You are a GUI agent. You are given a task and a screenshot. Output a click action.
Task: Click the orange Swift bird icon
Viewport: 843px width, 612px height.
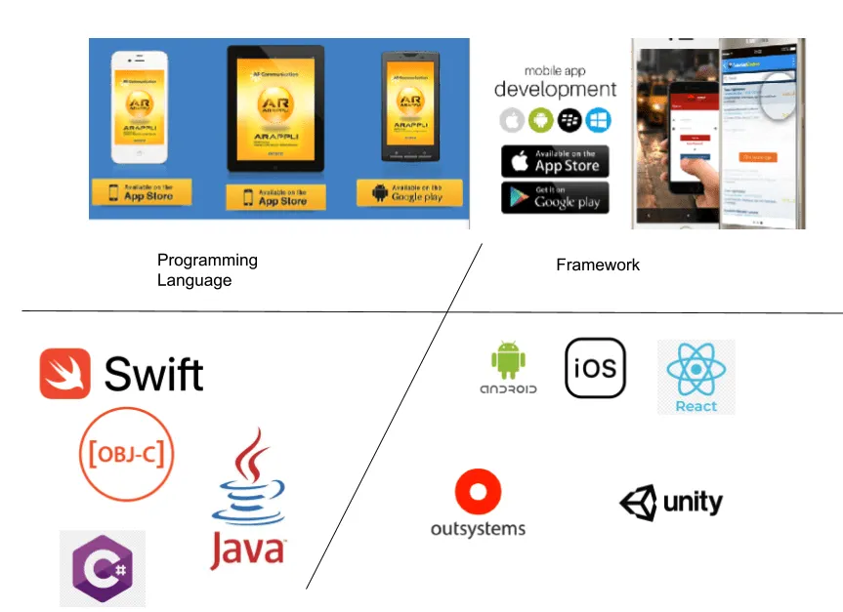pos(65,374)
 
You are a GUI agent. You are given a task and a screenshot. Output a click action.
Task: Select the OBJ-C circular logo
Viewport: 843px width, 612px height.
pos(126,454)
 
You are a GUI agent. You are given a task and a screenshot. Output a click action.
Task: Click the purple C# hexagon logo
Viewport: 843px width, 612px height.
pos(103,568)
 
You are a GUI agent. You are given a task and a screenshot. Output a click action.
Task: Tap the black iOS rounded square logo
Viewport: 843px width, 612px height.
pos(595,368)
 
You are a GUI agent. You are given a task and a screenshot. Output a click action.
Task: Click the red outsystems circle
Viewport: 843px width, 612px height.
pos(478,493)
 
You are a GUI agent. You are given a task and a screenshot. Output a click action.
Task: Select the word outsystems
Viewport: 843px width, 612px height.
pos(478,529)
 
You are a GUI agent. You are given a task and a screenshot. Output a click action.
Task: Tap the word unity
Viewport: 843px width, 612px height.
pos(693,503)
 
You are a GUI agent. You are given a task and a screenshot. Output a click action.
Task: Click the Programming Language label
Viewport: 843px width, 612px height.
pos(207,270)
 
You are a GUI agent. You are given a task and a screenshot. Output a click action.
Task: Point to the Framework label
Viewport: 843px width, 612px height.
pos(598,265)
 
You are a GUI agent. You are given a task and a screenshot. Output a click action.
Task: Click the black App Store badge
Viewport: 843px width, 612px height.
pos(555,161)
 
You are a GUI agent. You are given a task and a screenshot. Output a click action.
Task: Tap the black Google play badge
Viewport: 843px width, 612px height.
pos(555,198)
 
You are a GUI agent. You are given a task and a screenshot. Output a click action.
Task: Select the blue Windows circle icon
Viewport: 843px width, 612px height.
pos(598,121)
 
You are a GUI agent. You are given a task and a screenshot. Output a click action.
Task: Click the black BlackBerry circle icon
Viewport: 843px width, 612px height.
pos(569,121)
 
